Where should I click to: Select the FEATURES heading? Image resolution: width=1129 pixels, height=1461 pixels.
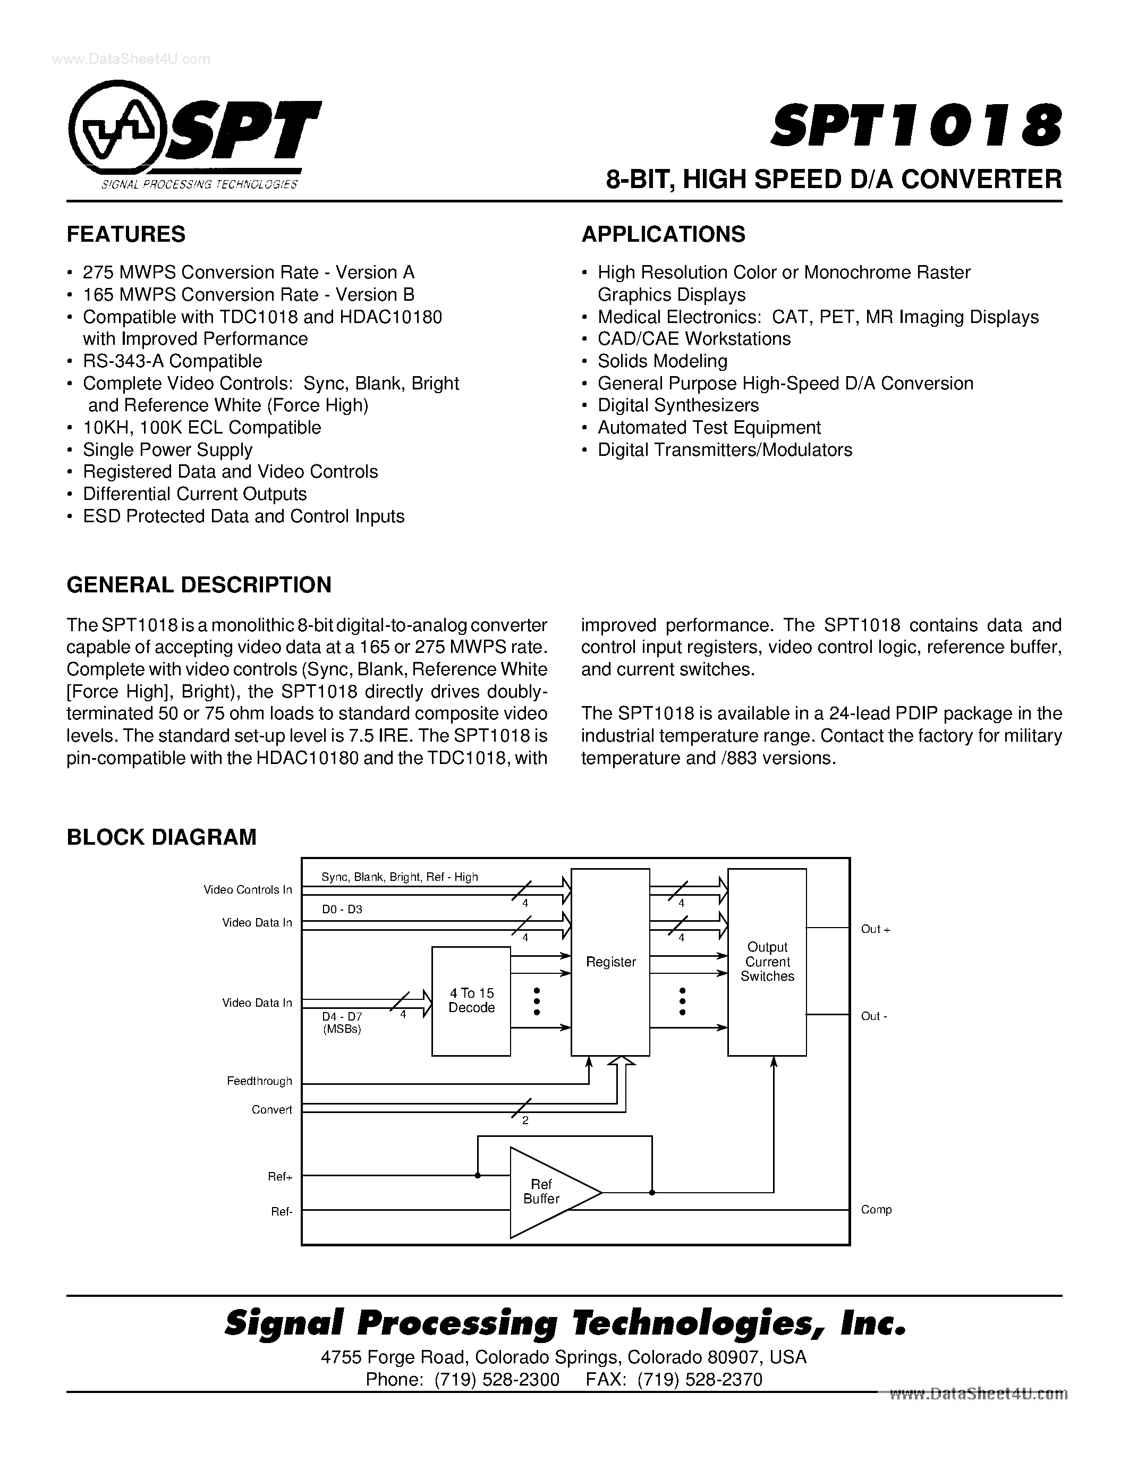click(x=126, y=234)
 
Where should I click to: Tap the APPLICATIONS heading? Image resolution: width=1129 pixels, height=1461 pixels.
click(x=663, y=234)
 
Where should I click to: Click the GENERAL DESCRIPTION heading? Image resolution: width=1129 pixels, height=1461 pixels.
click(x=199, y=585)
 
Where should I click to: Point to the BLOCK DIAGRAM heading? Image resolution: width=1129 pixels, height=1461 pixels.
click(x=161, y=837)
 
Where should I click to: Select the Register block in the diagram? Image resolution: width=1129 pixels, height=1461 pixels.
click(x=610, y=962)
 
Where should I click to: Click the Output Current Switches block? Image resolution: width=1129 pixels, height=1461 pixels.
click(x=767, y=962)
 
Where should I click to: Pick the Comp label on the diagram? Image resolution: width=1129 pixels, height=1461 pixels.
click(x=876, y=1210)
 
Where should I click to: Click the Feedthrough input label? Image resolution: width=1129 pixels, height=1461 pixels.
click(x=259, y=1081)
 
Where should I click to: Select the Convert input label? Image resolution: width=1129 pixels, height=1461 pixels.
click(x=271, y=1110)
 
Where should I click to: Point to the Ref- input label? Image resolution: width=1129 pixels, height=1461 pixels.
click(x=282, y=1211)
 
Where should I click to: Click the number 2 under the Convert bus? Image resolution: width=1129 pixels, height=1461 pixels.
click(x=525, y=1120)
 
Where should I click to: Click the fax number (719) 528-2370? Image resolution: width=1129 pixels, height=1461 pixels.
click(x=700, y=1379)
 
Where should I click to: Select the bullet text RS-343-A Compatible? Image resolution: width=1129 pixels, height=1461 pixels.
click(x=172, y=361)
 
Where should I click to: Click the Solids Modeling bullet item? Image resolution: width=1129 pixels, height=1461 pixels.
click(x=662, y=361)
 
